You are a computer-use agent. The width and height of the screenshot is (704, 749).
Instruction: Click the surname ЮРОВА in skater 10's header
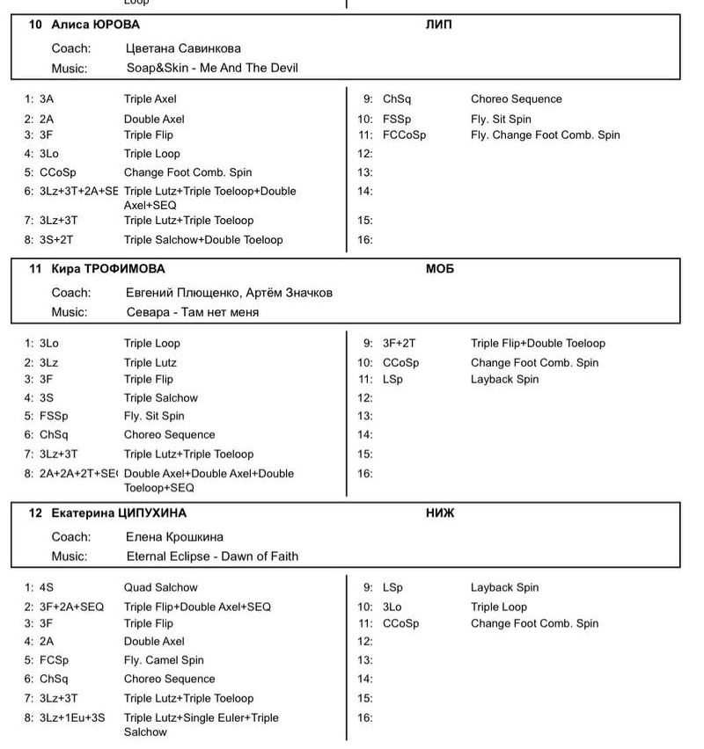[x=113, y=25]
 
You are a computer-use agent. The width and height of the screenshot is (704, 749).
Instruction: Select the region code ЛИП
[x=438, y=25]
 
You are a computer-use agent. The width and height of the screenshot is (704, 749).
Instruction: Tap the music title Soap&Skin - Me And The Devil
[x=213, y=68]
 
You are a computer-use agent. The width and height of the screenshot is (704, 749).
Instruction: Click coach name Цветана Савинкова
[x=184, y=48]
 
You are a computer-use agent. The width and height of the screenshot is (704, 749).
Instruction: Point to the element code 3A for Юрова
[x=47, y=99]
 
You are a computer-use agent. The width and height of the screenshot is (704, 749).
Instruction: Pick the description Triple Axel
[x=150, y=99]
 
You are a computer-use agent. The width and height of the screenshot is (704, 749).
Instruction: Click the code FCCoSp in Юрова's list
[x=404, y=135]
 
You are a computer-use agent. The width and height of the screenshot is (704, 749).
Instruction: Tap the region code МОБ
[x=439, y=269]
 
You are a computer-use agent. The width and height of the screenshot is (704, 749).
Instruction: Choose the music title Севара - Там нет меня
[x=193, y=312]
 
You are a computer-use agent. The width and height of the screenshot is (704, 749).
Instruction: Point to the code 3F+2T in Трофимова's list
[x=400, y=344]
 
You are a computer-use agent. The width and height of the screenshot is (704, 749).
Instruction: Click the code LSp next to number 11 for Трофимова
[x=392, y=380]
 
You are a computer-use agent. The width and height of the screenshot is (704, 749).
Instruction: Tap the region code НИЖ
[x=439, y=513]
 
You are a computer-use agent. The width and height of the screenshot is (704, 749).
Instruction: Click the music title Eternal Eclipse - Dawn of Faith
[x=212, y=556]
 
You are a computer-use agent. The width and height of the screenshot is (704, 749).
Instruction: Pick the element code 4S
[x=47, y=587]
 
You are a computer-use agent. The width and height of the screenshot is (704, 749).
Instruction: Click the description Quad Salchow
[x=161, y=587]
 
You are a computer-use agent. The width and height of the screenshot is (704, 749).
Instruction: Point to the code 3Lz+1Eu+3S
[x=72, y=718]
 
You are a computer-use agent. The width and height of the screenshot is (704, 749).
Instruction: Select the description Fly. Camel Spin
[x=164, y=660]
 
